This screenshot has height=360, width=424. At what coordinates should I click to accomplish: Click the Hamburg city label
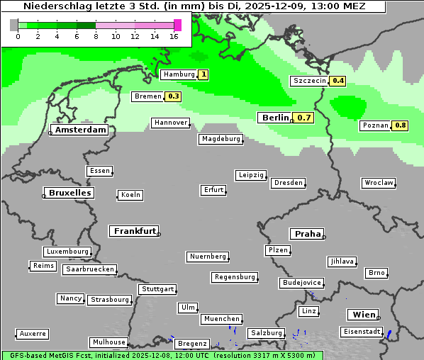pyautogui.click(x=178, y=74)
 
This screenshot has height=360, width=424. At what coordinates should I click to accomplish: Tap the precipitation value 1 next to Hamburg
pyautogui.click(x=203, y=74)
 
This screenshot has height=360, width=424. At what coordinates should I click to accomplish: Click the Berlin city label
pyautogui.click(x=275, y=118)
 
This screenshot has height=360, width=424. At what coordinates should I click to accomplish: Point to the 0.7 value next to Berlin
pyautogui.click(x=304, y=118)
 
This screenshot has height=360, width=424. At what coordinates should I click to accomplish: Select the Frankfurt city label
pyautogui.click(x=135, y=231)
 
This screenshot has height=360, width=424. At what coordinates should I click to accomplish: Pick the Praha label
pyautogui.click(x=307, y=234)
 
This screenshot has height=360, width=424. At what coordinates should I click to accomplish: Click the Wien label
pyautogui.click(x=362, y=315)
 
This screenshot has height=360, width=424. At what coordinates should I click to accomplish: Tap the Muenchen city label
pyautogui.click(x=221, y=320)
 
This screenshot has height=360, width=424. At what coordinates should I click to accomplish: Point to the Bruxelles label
pyautogui.click(x=69, y=193)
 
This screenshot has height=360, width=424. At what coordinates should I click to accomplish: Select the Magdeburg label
pyautogui.click(x=221, y=139)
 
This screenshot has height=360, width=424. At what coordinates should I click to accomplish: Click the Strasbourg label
pyautogui.click(x=110, y=300)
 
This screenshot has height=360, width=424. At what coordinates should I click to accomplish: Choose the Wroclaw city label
pyautogui.click(x=379, y=183)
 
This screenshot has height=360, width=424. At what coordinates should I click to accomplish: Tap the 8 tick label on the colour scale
pyautogui.click(x=96, y=36)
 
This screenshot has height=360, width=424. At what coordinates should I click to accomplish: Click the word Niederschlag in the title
pyautogui.click(x=52, y=6)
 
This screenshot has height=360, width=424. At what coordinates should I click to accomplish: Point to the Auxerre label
pyautogui.click(x=33, y=334)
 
